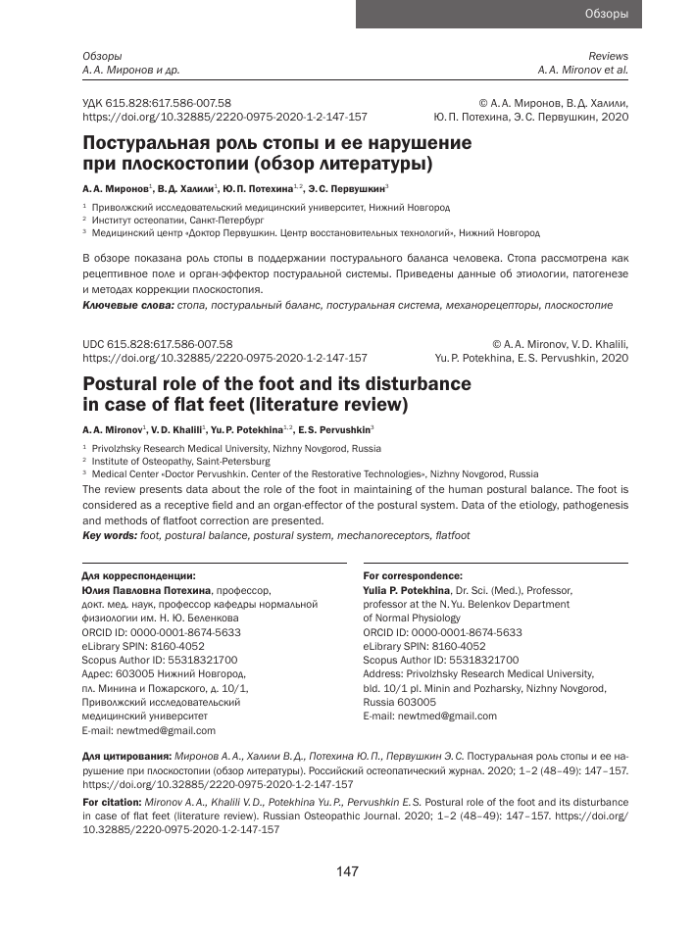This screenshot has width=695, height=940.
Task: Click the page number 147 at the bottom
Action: click(347, 871)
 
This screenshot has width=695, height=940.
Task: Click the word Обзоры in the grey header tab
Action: click(606, 14)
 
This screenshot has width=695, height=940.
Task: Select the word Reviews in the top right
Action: click(608, 57)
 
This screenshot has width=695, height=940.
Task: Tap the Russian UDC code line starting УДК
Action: click(156, 102)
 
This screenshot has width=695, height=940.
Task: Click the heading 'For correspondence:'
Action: click(413, 575)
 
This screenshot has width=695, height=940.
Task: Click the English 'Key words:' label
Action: click(110, 535)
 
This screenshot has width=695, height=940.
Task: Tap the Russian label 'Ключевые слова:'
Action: click(126, 306)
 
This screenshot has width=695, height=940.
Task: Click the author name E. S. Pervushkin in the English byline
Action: click(335, 430)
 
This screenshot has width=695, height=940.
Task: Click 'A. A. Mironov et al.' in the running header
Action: click(582, 71)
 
